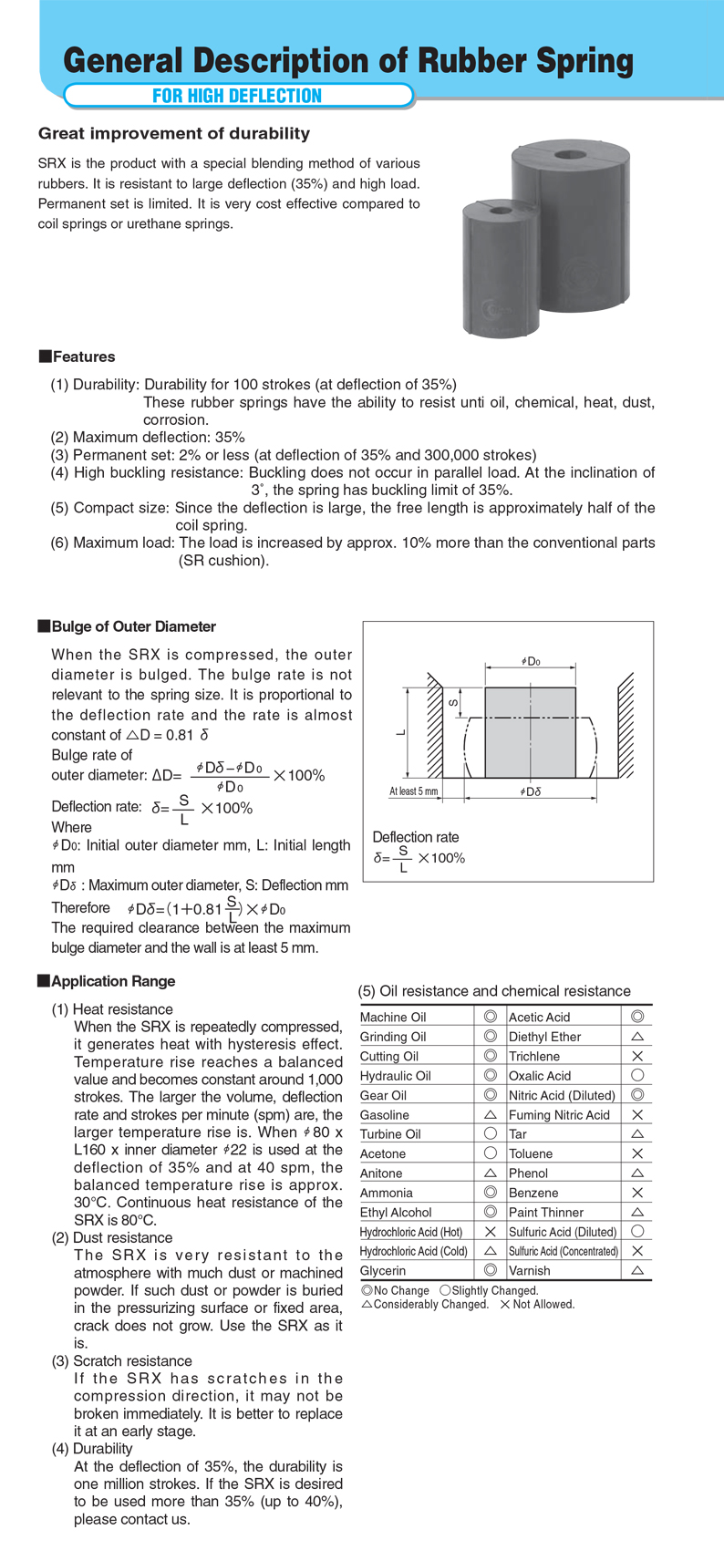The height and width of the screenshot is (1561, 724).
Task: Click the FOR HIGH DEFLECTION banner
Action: [237, 96]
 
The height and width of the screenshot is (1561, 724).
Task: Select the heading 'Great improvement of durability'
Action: [174, 134]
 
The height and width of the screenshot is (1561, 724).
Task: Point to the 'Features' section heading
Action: [83, 357]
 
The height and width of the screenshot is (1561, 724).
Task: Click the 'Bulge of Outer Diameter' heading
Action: [133, 626]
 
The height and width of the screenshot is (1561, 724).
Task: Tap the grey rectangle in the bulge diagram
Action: [530, 732]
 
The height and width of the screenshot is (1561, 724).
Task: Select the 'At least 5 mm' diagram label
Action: [413, 791]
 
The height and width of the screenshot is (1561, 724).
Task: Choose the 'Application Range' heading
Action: [113, 981]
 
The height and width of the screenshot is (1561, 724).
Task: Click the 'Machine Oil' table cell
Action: [393, 1018]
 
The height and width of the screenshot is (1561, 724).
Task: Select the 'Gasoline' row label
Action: [385, 1115]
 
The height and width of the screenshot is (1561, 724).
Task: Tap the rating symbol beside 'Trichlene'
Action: [637, 1056]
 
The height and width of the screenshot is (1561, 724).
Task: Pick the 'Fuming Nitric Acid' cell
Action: [559, 1115]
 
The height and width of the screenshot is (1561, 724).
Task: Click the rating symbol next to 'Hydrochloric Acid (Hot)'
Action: [490, 1232]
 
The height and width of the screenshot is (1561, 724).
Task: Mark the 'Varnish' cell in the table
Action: [530, 1270]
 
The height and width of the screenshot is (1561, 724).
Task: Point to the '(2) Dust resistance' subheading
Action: [112, 1237]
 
